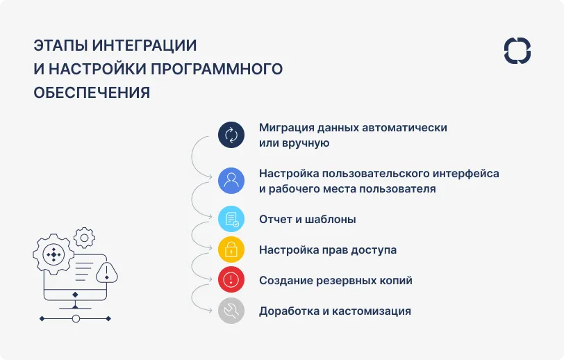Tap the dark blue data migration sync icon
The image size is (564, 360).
(x=231, y=135)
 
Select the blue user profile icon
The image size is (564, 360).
(x=231, y=181)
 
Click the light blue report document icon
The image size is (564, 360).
(x=231, y=219)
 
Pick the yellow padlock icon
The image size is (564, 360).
(x=231, y=249)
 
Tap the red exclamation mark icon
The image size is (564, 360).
(x=231, y=280)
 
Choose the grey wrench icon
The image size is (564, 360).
(x=231, y=311)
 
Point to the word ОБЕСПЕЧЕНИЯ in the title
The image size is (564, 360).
(x=92, y=93)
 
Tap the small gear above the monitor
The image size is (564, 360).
(x=84, y=238)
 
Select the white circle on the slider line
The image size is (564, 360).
(x=76, y=318)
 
